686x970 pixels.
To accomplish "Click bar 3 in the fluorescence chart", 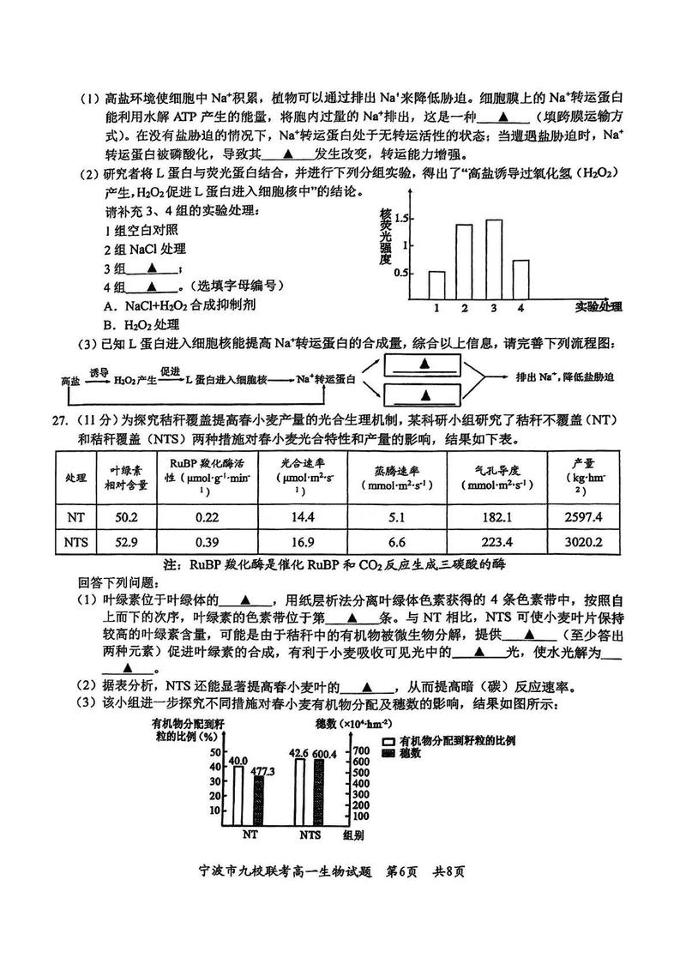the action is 494,259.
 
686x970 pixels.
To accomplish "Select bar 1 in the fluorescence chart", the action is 436,286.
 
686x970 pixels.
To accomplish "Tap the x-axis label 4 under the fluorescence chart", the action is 521,308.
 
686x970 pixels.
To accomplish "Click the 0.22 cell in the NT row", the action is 208,517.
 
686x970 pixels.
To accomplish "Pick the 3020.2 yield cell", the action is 583,543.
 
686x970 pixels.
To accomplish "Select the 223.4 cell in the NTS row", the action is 496,543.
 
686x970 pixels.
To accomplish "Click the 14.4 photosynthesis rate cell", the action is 303,517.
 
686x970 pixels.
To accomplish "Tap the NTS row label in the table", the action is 76,543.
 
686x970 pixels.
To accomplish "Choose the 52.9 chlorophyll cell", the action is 126,543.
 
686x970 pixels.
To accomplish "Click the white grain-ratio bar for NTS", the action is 300,792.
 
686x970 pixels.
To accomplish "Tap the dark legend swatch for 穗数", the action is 388,753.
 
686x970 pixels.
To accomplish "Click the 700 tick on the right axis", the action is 361,750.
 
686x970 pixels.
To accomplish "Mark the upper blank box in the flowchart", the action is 424,365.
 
